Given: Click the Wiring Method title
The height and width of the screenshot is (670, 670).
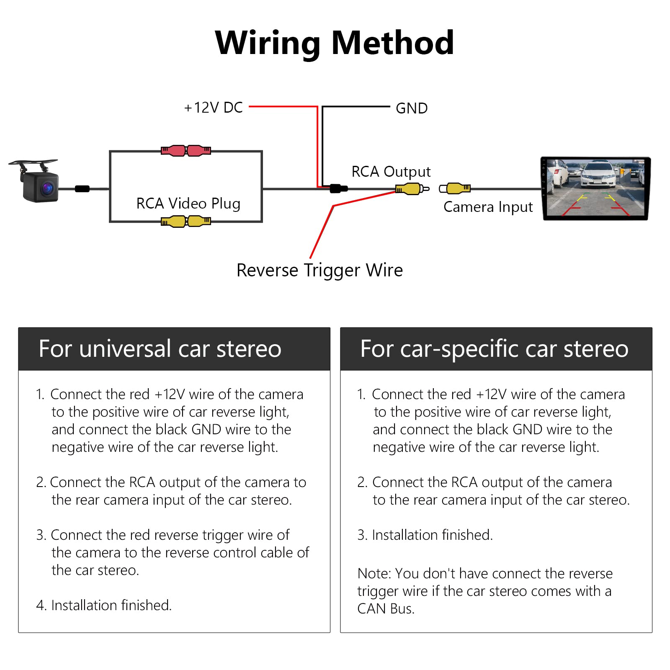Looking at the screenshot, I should click(334, 43).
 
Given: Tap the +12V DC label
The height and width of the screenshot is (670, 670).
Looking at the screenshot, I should click(214, 108).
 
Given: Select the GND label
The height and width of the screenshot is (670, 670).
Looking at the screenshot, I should click(411, 108).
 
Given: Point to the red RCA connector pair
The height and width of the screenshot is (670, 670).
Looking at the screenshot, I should click(186, 150).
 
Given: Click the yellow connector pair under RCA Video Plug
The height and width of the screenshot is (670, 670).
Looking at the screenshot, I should click(186, 221).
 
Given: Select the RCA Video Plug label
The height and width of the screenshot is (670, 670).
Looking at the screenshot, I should click(188, 204).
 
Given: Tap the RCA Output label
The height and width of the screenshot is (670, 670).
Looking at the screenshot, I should click(391, 172).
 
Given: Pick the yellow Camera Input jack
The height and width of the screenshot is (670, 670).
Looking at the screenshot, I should click(456, 189).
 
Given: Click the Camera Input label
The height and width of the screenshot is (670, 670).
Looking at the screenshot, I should click(488, 207).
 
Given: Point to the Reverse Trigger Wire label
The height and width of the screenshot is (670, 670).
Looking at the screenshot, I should click(320, 270).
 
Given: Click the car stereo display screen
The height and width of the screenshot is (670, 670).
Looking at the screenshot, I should click(595, 188).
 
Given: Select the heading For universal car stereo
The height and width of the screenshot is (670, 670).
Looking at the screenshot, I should click(160, 349).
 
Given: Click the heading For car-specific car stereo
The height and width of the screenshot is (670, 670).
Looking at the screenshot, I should click(494, 349).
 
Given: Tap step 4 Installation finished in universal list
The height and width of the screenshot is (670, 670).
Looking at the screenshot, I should click(111, 605).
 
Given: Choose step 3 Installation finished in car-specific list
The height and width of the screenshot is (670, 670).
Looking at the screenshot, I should click(432, 535).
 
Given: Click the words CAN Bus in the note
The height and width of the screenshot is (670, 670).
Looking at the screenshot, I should click(386, 608).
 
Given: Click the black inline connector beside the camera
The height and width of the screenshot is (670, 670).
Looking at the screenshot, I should click(82, 189).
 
